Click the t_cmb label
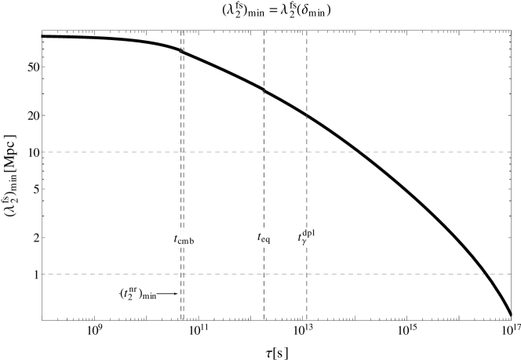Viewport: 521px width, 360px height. click(x=184, y=238)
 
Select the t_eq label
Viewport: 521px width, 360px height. click(x=264, y=237)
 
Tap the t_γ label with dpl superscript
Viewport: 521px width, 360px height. click(x=307, y=238)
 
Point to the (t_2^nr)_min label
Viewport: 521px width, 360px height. click(x=138, y=293)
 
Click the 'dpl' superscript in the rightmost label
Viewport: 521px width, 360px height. click(x=309, y=232)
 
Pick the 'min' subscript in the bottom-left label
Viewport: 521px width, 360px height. click(x=148, y=296)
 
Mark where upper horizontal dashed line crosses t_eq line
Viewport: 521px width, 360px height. click(x=264, y=152)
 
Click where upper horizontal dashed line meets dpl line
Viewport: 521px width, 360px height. click(x=307, y=152)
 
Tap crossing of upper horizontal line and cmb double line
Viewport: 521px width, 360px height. click(x=182, y=152)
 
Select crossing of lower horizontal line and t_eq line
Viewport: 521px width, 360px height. click(x=264, y=274)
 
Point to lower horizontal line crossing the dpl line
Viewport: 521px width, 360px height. click(x=307, y=274)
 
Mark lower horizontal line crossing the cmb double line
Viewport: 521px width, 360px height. click(x=182, y=274)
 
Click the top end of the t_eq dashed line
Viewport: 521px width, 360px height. click(x=264, y=31)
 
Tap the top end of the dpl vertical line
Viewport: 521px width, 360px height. click(x=307, y=31)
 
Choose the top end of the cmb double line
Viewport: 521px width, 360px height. click(x=182, y=31)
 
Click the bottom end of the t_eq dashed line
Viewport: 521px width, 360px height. click(x=264, y=319)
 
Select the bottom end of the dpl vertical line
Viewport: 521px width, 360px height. click(x=307, y=319)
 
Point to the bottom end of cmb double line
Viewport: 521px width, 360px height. click(x=182, y=319)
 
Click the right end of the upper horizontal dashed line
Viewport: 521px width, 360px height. click(x=511, y=152)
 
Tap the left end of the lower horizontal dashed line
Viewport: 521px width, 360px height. click(x=42, y=274)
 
